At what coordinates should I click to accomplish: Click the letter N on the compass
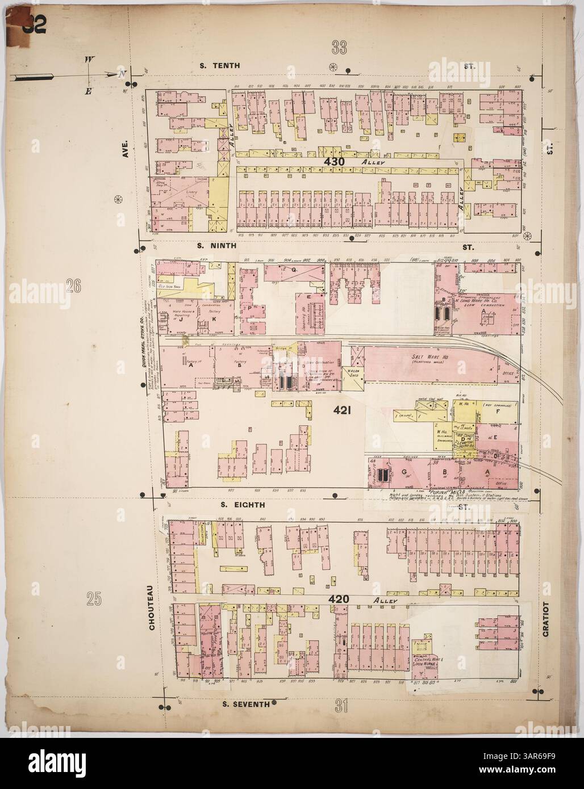coord(120,74)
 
